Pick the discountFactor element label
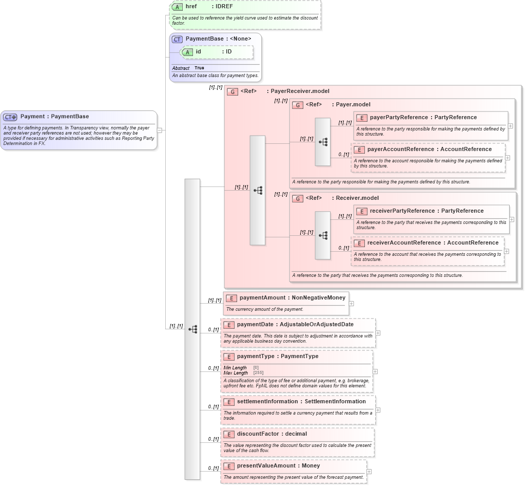pyautogui.click(x=258, y=434)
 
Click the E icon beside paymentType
pyautogui.click(x=229, y=357)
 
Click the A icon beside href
pyautogui.click(x=177, y=7)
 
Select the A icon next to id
pyautogui.click(x=187, y=52)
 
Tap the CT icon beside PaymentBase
pyautogui.click(x=177, y=39)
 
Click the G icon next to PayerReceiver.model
pyautogui.click(x=232, y=91)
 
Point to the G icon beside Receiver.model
pyautogui.click(x=298, y=198)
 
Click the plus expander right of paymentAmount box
pyautogui.click(x=351, y=304)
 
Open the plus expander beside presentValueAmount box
pyautogui.click(x=369, y=472)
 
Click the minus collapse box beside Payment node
pyautogui.click(x=159, y=130)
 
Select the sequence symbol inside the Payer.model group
pyautogui.click(x=323, y=142)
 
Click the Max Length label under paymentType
pyautogui.click(x=236, y=373)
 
